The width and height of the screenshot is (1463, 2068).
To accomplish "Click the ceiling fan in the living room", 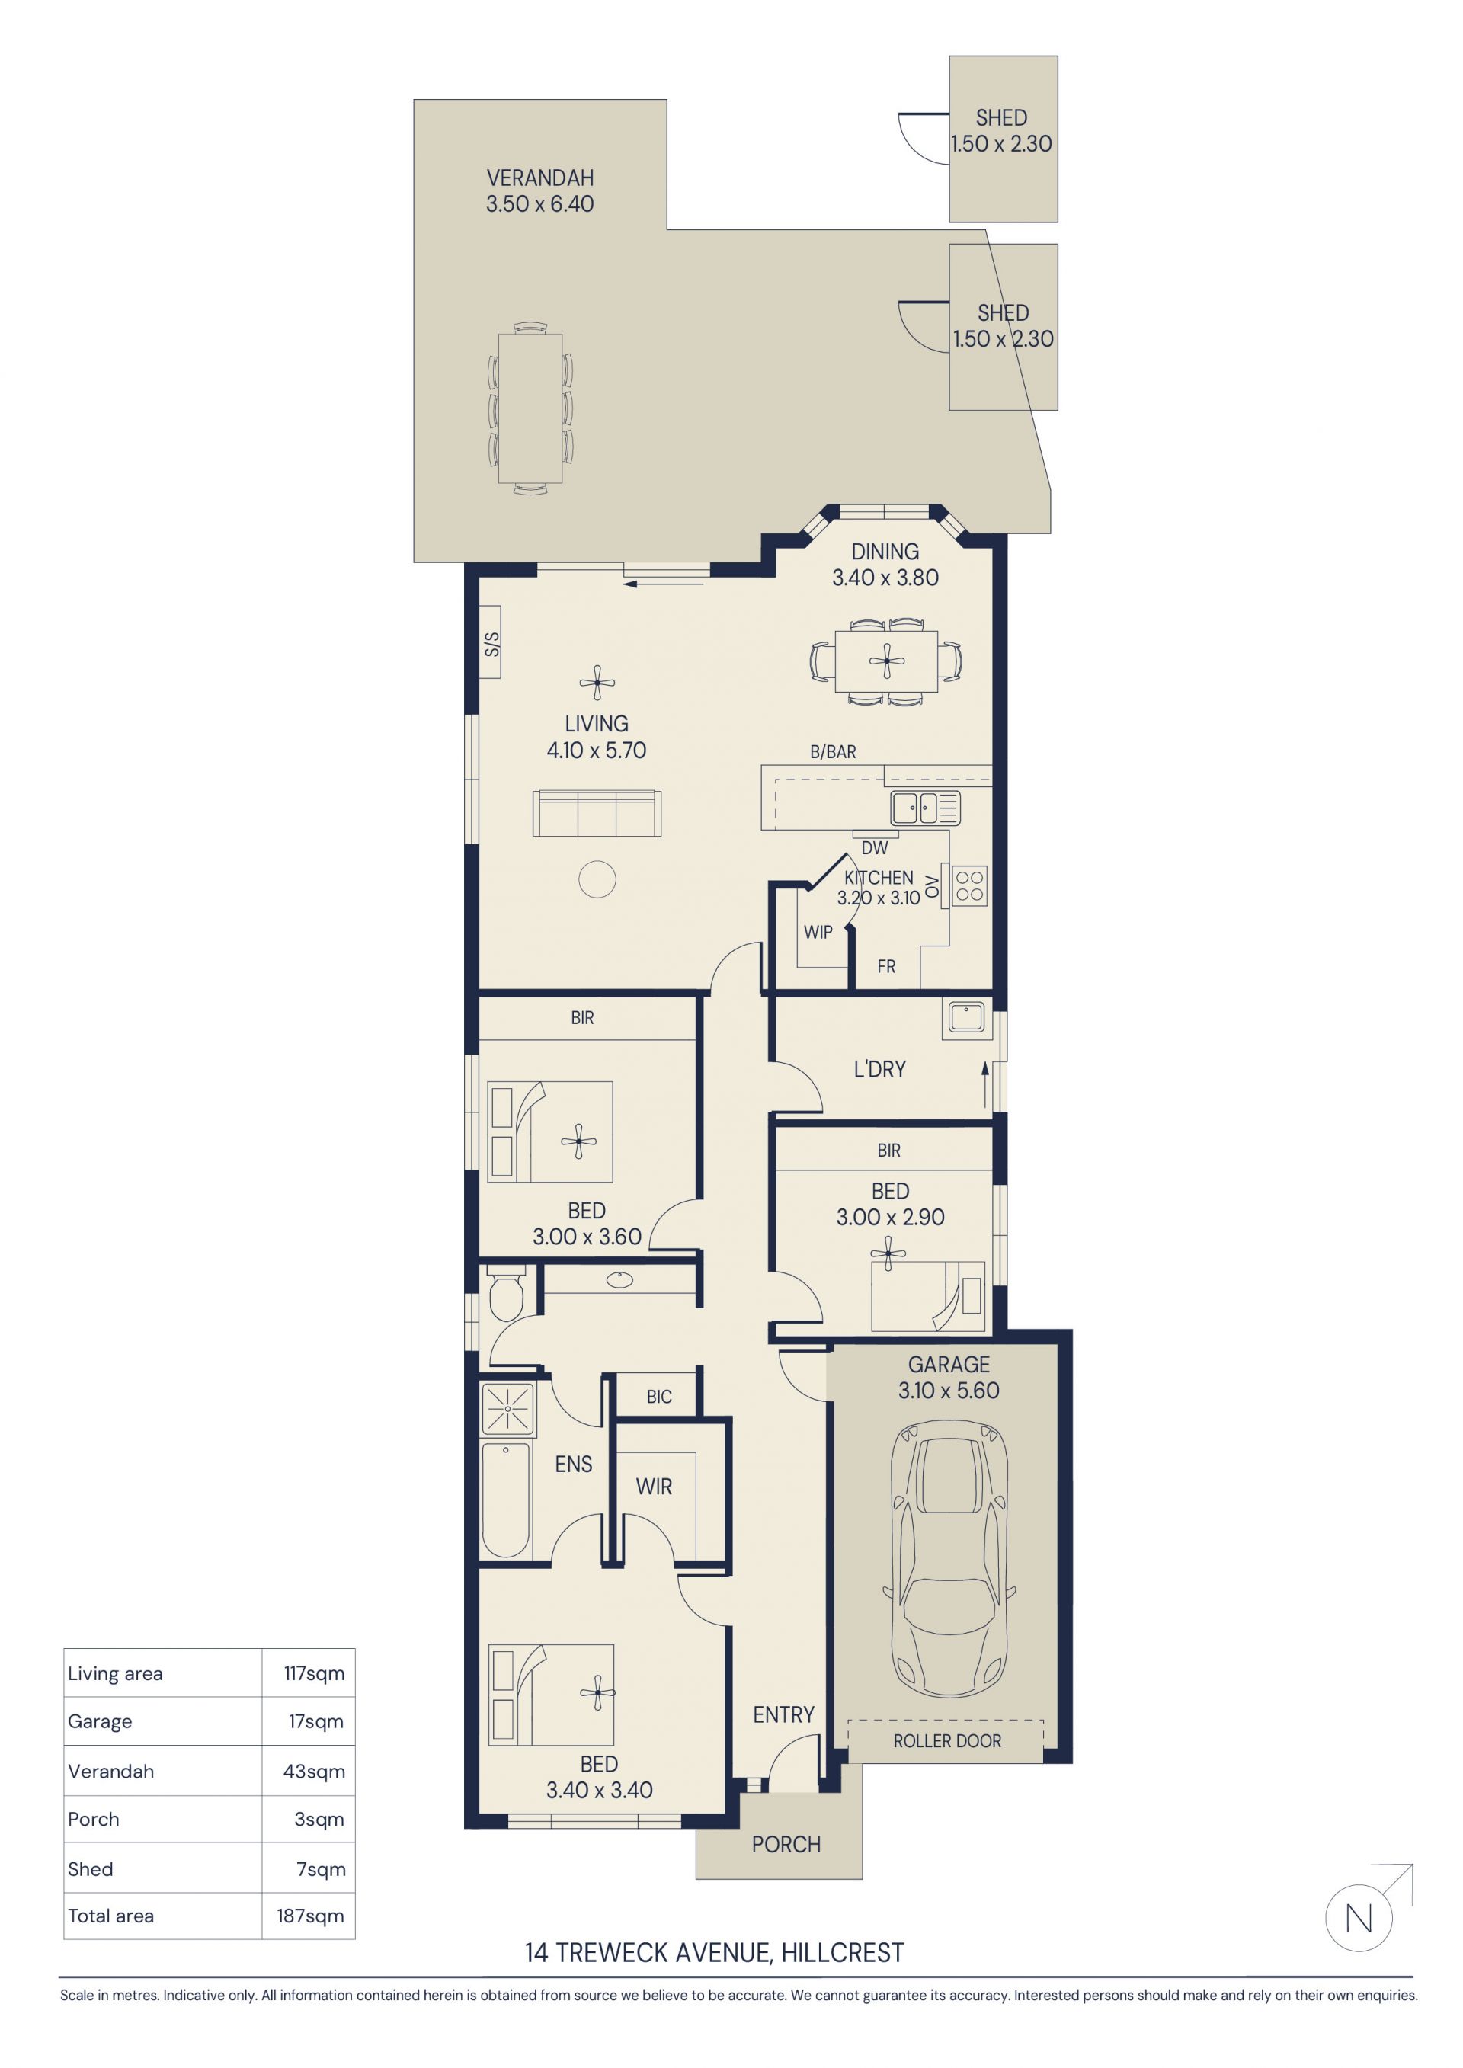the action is (x=597, y=683).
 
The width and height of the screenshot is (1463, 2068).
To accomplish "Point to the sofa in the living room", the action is (x=597, y=812).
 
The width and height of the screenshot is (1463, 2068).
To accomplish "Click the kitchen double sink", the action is (x=925, y=808).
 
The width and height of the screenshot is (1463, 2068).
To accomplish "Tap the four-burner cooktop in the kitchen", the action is (x=969, y=885).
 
